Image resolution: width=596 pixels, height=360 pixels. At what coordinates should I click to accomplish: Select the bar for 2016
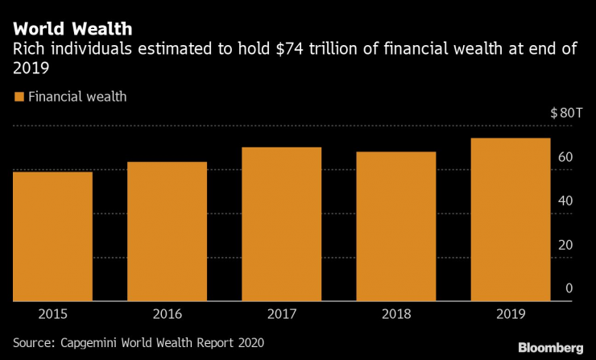coord(167,231)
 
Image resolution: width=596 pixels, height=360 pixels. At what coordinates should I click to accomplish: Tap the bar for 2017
coord(281,224)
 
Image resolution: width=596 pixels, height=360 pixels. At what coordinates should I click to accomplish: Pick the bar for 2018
coord(395,226)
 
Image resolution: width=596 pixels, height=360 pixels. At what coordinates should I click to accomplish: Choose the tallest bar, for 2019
coord(510,219)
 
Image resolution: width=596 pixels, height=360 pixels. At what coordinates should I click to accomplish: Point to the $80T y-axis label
coord(566,113)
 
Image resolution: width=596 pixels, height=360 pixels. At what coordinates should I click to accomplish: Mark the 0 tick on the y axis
coord(569,288)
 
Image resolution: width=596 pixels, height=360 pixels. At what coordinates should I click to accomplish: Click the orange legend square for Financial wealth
coord(19,97)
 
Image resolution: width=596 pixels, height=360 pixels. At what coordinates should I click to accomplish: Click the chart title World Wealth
coord(72,30)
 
